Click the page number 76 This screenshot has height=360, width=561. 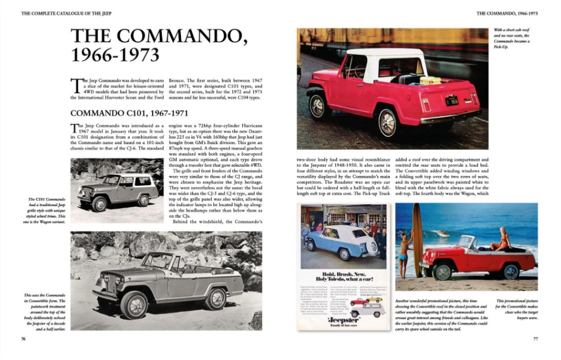(x=23, y=339)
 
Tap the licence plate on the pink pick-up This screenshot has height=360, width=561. (x=452, y=100)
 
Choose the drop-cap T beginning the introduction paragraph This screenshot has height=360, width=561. (x=74, y=86)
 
